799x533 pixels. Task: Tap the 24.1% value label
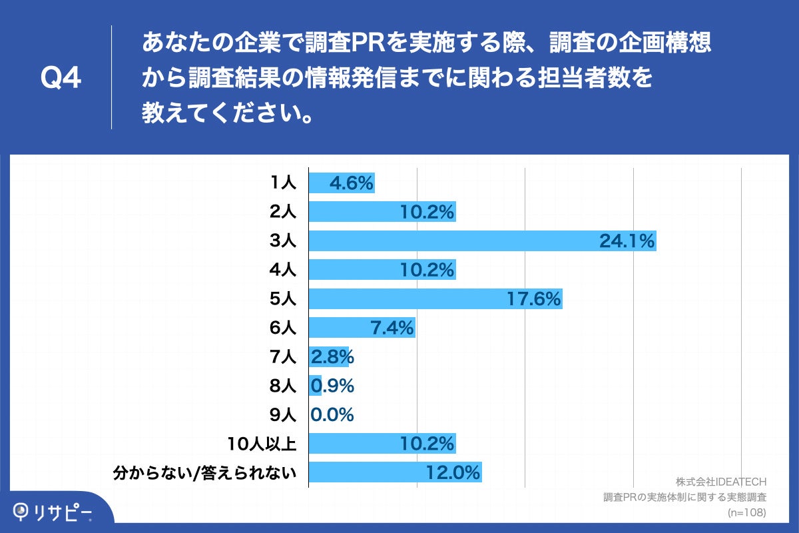[x=627, y=241]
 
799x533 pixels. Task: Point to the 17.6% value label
[x=533, y=299]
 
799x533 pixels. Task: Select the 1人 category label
[x=283, y=183]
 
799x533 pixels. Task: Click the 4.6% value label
[x=351, y=183]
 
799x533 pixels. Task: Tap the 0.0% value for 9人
[x=332, y=414]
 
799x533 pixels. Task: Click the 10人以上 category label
[x=265, y=443]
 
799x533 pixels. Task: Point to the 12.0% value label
[x=453, y=472]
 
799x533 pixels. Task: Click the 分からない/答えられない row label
[x=204, y=472]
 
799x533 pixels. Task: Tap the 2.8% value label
[x=332, y=357]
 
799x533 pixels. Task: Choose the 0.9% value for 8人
[x=332, y=386]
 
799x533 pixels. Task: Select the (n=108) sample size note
[x=746, y=512]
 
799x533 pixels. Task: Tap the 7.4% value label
[x=391, y=328]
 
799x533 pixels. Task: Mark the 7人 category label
[x=283, y=357]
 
